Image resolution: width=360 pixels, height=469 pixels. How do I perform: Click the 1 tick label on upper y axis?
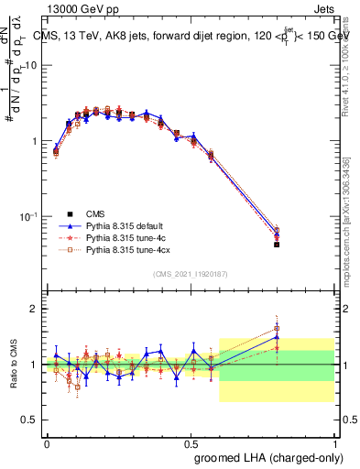[x=35, y=141]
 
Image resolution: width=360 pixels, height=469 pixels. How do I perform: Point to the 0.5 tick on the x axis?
[x=191, y=442]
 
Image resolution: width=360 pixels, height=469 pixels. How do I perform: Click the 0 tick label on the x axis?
[x=47, y=442]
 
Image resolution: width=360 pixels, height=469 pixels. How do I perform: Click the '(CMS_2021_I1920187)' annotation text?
[x=191, y=274]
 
